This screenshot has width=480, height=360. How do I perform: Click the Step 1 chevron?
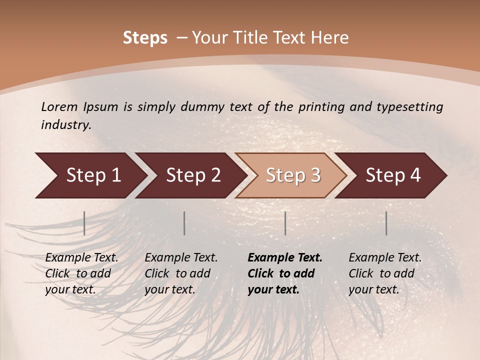[x=92, y=175]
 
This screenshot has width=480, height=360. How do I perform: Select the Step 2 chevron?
[x=192, y=175]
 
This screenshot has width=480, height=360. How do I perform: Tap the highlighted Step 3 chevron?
[x=292, y=175]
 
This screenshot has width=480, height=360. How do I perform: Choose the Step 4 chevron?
[x=392, y=175]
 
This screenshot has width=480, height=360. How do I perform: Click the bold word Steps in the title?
[x=145, y=38]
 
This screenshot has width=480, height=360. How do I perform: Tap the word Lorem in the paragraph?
[x=59, y=106]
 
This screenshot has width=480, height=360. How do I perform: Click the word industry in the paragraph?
[x=65, y=124]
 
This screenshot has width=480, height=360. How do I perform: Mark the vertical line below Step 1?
[x=84, y=223]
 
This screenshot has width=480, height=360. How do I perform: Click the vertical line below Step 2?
[x=184, y=223]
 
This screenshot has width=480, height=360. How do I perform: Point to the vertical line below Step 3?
[x=285, y=223]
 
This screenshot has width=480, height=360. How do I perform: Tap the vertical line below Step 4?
[x=386, y=223]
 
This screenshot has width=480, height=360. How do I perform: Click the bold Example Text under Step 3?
[x=285, y=258]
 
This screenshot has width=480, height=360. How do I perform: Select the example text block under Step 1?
[x=81, y=273]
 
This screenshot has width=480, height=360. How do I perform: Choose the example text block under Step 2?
[x=181, y=273]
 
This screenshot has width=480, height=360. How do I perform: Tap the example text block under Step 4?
[x=385, y=273]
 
